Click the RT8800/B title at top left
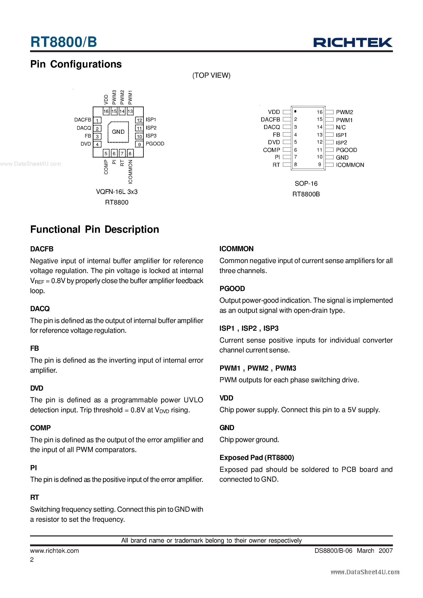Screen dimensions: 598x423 (64, 42)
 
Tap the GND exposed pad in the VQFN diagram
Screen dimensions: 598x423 (118, 132)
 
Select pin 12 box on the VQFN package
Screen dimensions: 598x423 (139, 120)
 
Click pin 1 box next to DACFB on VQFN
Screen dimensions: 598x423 (97, 120)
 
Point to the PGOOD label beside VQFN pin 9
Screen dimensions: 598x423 (155, 144)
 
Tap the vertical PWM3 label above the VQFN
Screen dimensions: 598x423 (114, 97)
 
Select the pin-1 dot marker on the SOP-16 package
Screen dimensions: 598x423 (295, 111)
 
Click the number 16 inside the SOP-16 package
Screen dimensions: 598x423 (319, 112)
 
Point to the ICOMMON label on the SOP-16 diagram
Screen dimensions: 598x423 (350, 165)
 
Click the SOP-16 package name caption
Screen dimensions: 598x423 (306, 184)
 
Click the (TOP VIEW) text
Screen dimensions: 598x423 (211, 75)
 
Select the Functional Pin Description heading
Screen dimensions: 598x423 (95, 229)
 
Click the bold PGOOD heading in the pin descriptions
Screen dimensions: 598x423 (232, 289)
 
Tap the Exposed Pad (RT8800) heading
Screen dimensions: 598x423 (257, 458)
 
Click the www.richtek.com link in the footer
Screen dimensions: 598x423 (54, 551)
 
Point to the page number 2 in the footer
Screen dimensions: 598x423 (32, 560)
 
